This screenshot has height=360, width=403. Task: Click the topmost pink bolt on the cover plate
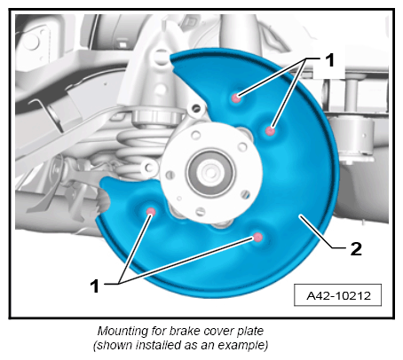(x=236, y=98)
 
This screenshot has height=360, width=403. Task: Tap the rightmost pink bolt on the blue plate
(x=270, y=130)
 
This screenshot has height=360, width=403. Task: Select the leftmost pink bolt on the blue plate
(x=151, y=211)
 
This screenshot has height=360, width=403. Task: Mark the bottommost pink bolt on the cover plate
(x=258, y=237)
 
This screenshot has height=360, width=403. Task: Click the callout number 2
(x=356, y=248)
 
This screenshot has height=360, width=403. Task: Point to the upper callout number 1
(x=329, y=60)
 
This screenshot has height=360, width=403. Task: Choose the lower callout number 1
(x=94, y=286)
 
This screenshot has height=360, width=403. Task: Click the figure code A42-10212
(x=338, y=295)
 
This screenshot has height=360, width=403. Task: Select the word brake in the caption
(x=181, y=331)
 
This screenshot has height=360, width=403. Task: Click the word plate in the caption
(x=250, y=332)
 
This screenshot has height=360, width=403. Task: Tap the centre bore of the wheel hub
(x=210, y=172)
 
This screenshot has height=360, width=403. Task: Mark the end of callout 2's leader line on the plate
(x=300, y=216)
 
